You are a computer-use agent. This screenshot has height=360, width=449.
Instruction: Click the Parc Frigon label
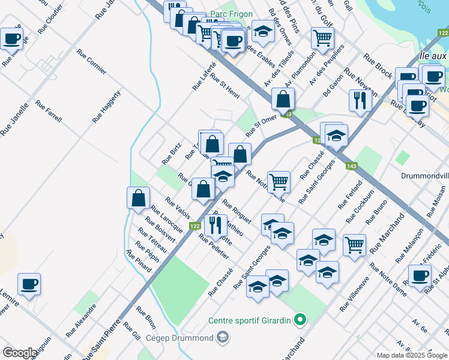(231, 14)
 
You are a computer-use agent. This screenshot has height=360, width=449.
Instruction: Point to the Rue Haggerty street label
(107, 107)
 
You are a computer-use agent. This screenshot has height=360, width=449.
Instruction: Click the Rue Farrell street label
(49, 111)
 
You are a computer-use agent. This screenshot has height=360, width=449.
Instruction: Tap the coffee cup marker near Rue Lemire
(29, 284)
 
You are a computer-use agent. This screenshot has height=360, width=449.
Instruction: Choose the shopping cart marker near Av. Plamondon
(323, 38)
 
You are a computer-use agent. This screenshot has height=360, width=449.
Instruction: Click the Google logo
(19, 353)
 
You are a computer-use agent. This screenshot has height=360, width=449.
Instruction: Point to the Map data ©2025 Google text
(411, 355)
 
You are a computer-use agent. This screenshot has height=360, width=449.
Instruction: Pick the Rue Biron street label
(146, 318)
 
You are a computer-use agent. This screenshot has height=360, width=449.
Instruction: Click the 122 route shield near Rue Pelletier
(194, 226)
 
